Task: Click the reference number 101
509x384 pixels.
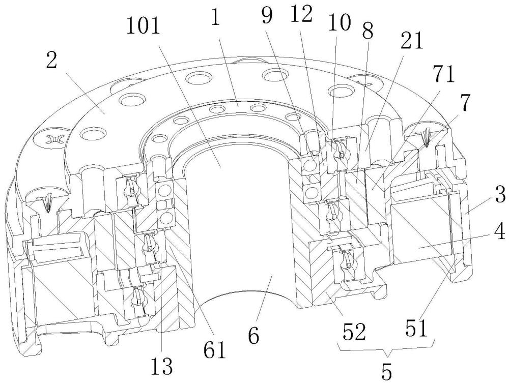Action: click(143, 25)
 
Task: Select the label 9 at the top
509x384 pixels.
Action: click(267, 16)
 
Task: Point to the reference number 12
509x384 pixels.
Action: click(301, 15)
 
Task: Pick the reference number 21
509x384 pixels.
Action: click(412, 41)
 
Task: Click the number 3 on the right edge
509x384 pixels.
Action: click(500, 195)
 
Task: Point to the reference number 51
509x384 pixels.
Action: click(416, 328)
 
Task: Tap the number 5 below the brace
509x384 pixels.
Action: click(386, 371)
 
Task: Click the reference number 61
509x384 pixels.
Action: click(215, 349)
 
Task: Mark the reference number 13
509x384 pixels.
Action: click(161, 366)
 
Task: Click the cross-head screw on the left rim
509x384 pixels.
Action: click(53, 139)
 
